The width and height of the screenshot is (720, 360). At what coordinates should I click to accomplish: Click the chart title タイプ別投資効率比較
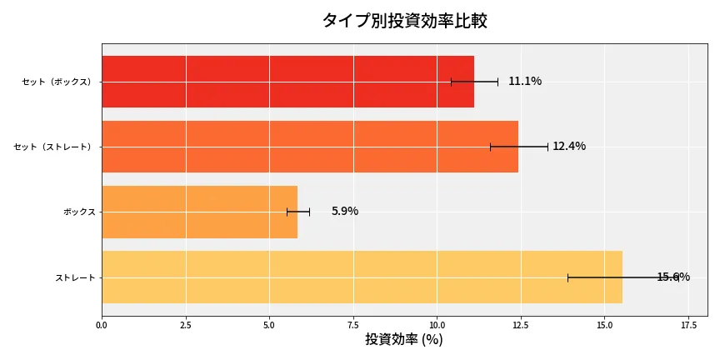pos(404,22)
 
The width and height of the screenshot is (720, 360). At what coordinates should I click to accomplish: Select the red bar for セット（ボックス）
pos(287,82)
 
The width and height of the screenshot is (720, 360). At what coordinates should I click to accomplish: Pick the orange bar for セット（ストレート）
pos(310,147)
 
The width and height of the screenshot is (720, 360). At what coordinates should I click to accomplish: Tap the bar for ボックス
pos(199,212)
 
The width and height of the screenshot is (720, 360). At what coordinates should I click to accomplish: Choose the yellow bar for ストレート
pos(362,277)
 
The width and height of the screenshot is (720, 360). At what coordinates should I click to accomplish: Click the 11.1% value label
pos(525,82)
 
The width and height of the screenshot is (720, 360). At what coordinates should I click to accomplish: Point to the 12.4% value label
pos(569,147)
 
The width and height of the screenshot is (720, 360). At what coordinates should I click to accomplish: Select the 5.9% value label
pos(345,212)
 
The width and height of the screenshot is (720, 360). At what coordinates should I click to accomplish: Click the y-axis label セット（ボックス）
pos(58,82)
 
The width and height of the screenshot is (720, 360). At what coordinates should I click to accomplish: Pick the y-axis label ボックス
pos(79,212)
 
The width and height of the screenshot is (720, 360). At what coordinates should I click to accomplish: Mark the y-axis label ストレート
pos(75,277)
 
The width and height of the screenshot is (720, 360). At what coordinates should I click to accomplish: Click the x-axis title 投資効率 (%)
pos(404,340)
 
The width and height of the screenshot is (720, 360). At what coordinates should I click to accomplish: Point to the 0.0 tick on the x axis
pos(102,324)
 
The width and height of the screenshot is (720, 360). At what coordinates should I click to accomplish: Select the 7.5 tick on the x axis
pos(353,324)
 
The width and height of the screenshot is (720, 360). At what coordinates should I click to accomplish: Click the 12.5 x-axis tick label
pos(521,324)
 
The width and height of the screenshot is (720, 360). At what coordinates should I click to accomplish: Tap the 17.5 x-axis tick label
pos(688,324)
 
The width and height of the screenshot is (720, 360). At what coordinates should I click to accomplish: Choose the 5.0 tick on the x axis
pos(269,324)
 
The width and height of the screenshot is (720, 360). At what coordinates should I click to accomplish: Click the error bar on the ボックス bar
pos(298,212)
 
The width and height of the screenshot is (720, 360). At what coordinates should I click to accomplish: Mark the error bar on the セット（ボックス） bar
pos(474,82)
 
